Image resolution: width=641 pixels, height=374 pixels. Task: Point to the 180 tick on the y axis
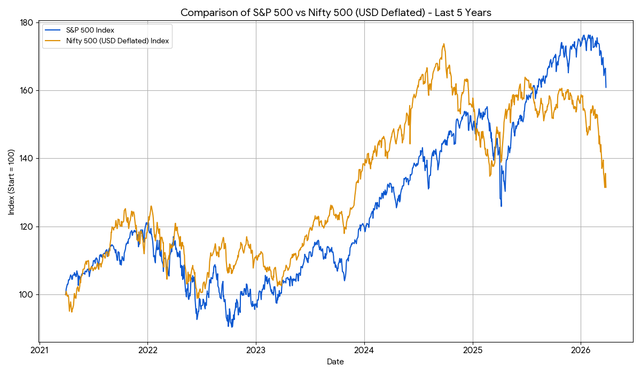click(x=27, y=22)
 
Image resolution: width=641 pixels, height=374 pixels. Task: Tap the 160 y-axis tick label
click(x=27, y=90)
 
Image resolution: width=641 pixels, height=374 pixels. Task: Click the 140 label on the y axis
click(x=27, y=159)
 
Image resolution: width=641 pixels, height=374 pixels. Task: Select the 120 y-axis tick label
click(x=27, y=227)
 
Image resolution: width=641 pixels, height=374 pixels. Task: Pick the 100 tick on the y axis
click(x=27, y=294)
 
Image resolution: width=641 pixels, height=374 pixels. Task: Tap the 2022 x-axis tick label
click(x=147, y=351)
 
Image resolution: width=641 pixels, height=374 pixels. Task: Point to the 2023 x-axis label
click(x=256, y=351)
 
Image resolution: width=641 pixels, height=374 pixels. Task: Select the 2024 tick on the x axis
click(x=364, y=351)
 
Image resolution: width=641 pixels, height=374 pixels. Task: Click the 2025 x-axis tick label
click(x=473, y=351)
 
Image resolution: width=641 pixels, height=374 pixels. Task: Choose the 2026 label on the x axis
click(x=581, y=351)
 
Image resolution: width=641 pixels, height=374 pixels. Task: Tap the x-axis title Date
click(x=335, y=362)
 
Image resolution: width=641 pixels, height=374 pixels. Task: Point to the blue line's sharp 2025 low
click(x=501, y=206)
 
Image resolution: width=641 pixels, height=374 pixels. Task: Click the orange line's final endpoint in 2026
click(x=606, y=187)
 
